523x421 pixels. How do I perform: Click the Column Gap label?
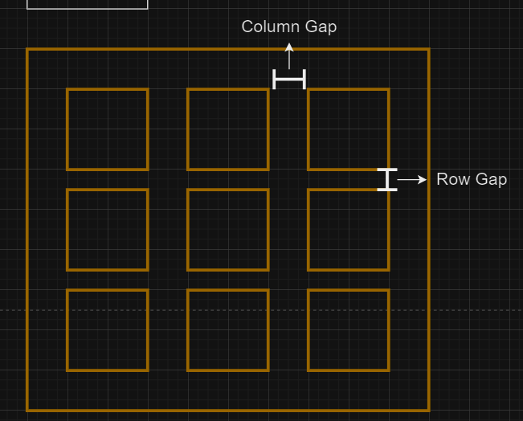[x=289, y=27]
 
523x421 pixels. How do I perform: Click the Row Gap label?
[x=472, y=179]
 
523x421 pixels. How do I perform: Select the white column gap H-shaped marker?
[x=289, y=80]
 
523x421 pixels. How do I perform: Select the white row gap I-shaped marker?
[x=387, y=179]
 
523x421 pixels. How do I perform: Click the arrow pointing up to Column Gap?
[x=289, y=55]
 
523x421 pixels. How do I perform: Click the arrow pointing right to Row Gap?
[x=413, y=180]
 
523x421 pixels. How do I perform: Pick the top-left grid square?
[x=108, y=129]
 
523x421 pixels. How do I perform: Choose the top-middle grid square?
[x=228, y=129]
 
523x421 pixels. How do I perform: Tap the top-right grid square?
[x=349, y=129]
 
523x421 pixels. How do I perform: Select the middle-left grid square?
[x=108, y=230]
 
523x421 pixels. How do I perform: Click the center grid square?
[x=228, y=230]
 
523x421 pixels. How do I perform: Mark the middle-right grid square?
[x=349, y=230]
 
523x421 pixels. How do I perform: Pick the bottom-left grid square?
[x=108, y=330]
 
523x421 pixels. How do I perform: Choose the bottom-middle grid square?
[x=228, y=330]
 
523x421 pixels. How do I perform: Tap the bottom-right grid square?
[x=349, y=330]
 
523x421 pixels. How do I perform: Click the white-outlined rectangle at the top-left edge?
[x=88, y=4]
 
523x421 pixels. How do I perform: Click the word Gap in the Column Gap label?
[x=321, y=27]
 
